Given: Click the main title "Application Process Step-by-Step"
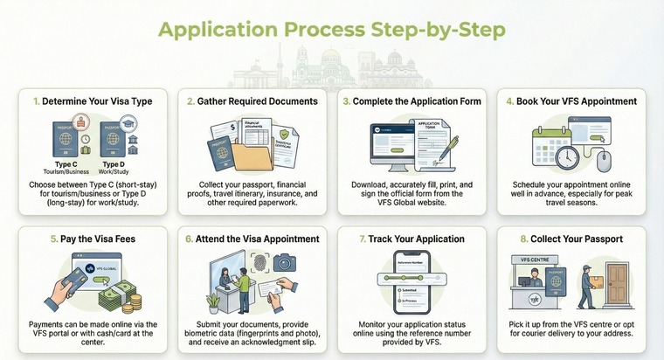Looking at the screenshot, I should tap(331, 29).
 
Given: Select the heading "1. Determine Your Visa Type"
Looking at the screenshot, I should tap(93, 101).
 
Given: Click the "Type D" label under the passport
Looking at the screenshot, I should tap(115, 163).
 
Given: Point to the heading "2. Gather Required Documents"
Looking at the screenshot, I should tap(252, 101).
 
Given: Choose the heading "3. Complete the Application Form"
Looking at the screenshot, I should tap(412, 101).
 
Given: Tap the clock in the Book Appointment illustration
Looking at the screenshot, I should tap(566, 156).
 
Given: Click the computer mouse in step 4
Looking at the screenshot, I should tap(603, 158).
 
